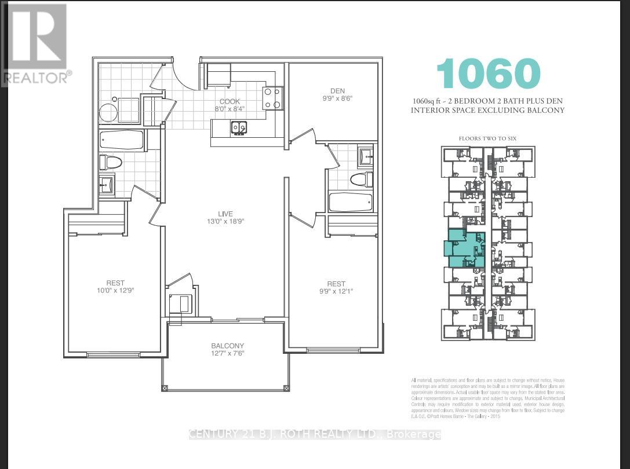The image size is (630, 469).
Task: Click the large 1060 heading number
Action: point(488,74)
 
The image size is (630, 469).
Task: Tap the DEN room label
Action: point(337,90)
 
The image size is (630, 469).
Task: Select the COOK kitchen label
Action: point(230,100)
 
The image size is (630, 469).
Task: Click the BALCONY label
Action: point(227,346)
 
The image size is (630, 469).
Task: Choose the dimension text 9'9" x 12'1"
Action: point(336,292)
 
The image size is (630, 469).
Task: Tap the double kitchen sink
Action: point(238,127)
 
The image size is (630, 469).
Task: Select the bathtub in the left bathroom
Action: point(121,140)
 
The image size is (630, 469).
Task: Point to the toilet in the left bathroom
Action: point(111,162)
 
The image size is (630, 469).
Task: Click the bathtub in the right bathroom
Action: point(348,203)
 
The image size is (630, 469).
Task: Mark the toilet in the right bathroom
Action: point(359,179)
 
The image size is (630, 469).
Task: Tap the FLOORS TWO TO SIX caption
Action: point(487,138)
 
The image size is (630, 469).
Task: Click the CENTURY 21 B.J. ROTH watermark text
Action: point(315,434)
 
